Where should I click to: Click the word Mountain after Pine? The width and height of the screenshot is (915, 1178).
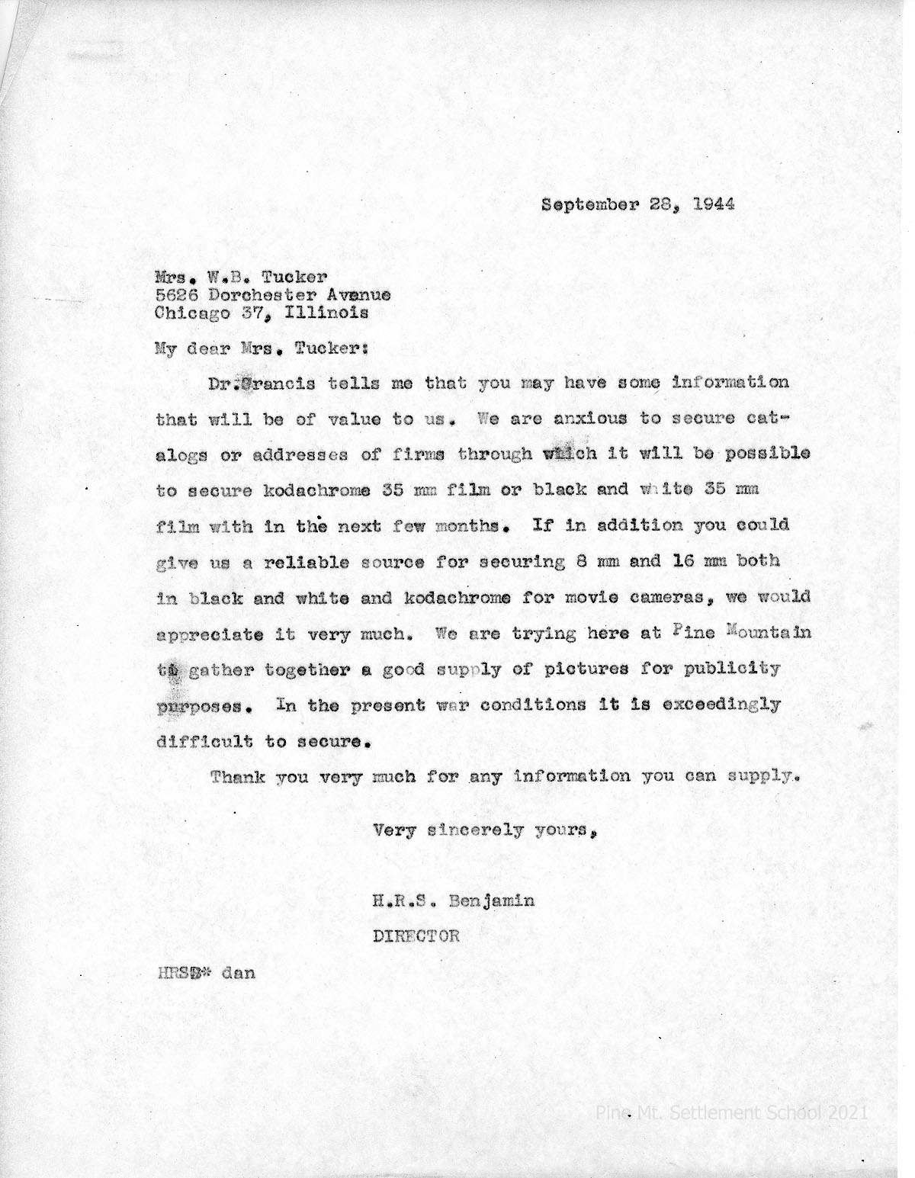pos(768,633)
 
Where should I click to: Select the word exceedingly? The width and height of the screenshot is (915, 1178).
pos(726,705)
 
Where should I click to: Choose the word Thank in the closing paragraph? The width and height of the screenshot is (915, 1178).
pos(237,777)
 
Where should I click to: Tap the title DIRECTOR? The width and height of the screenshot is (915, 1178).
pos(416,936)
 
